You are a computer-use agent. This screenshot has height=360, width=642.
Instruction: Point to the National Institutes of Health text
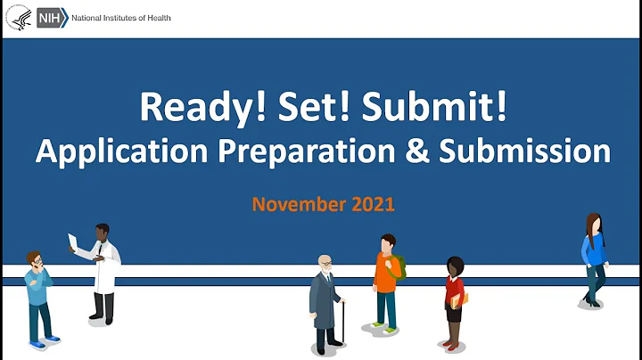[x=116, y=18]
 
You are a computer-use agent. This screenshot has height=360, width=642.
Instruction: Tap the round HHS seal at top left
[x=18, y=18]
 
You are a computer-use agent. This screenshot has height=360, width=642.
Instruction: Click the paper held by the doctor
[x=74, y=241]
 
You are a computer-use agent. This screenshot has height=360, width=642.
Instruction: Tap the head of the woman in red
[x=455, y=266]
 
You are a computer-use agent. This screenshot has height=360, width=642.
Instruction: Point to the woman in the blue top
[x=593, y=258]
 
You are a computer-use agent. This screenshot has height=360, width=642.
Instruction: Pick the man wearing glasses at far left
[x=37, y=294]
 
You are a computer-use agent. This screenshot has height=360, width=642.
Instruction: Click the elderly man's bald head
[x=324, y=262]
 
